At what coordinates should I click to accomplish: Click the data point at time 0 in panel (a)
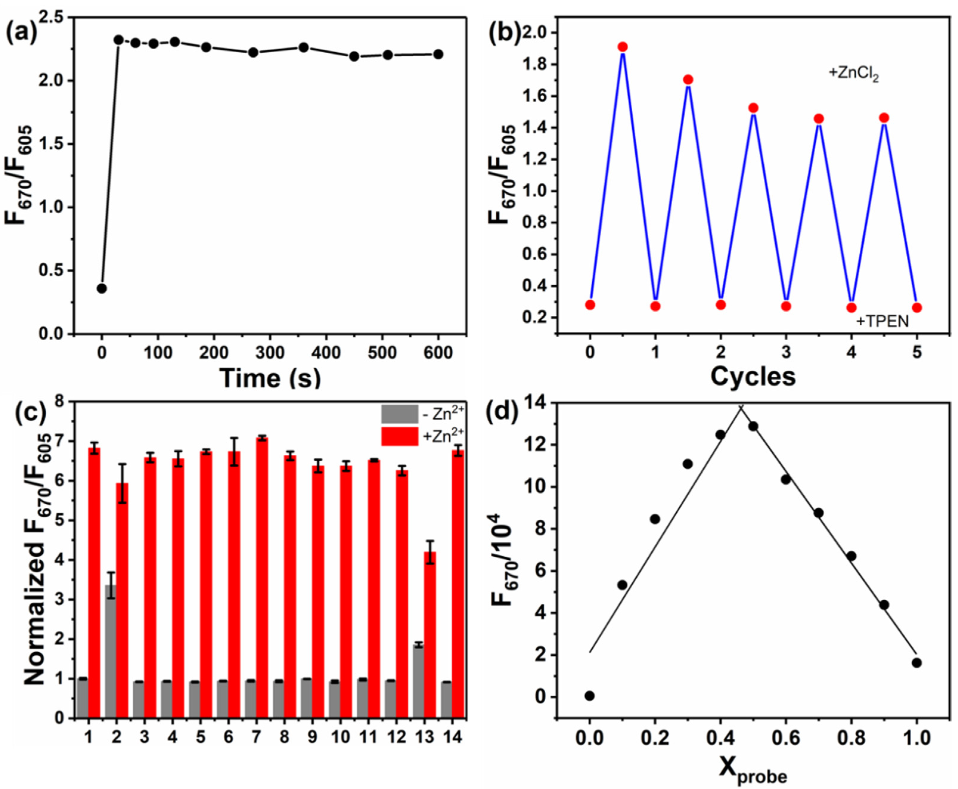point(102,288)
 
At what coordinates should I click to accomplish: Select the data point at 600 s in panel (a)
point(438,54)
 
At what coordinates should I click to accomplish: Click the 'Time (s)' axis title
point(270,378)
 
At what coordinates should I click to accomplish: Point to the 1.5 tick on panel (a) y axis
point(54,144)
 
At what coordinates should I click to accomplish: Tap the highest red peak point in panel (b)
point(622,47)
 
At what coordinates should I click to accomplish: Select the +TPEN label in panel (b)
point(882,321)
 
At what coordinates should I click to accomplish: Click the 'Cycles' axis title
point(753,376)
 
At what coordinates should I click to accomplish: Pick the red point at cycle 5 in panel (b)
point(917,308)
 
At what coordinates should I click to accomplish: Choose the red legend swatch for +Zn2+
point(399,436)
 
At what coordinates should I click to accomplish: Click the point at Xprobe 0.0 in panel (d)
point(590,696)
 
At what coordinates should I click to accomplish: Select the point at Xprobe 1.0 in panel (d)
point(917,663)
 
